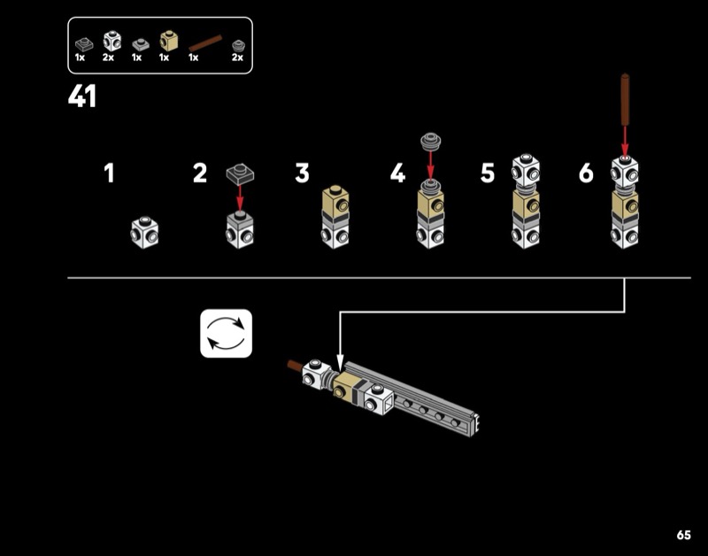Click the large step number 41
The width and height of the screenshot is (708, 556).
click(x=82, y=97)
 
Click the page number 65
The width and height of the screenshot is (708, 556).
click(x=683, y=535)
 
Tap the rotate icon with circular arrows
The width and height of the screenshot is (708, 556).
click(x=227, y=333)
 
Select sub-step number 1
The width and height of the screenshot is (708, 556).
click(x=109, y=174)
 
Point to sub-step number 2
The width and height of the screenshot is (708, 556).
click(x=200, y=174)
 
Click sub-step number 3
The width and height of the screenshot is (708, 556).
click(x=303, y=174)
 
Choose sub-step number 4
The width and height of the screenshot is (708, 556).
click(x=397, y=174)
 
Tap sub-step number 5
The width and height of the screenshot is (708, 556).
click(x=488, y=174)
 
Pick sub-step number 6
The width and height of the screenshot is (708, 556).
click(x=586, y=174)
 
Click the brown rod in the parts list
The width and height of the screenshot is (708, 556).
click(x=204, y=42)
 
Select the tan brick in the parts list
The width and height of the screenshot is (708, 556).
click(x=166, y=41)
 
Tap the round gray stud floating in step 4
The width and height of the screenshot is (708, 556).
click(x=430, y=141)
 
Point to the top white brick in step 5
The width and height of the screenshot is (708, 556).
click(x=527, y=172)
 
